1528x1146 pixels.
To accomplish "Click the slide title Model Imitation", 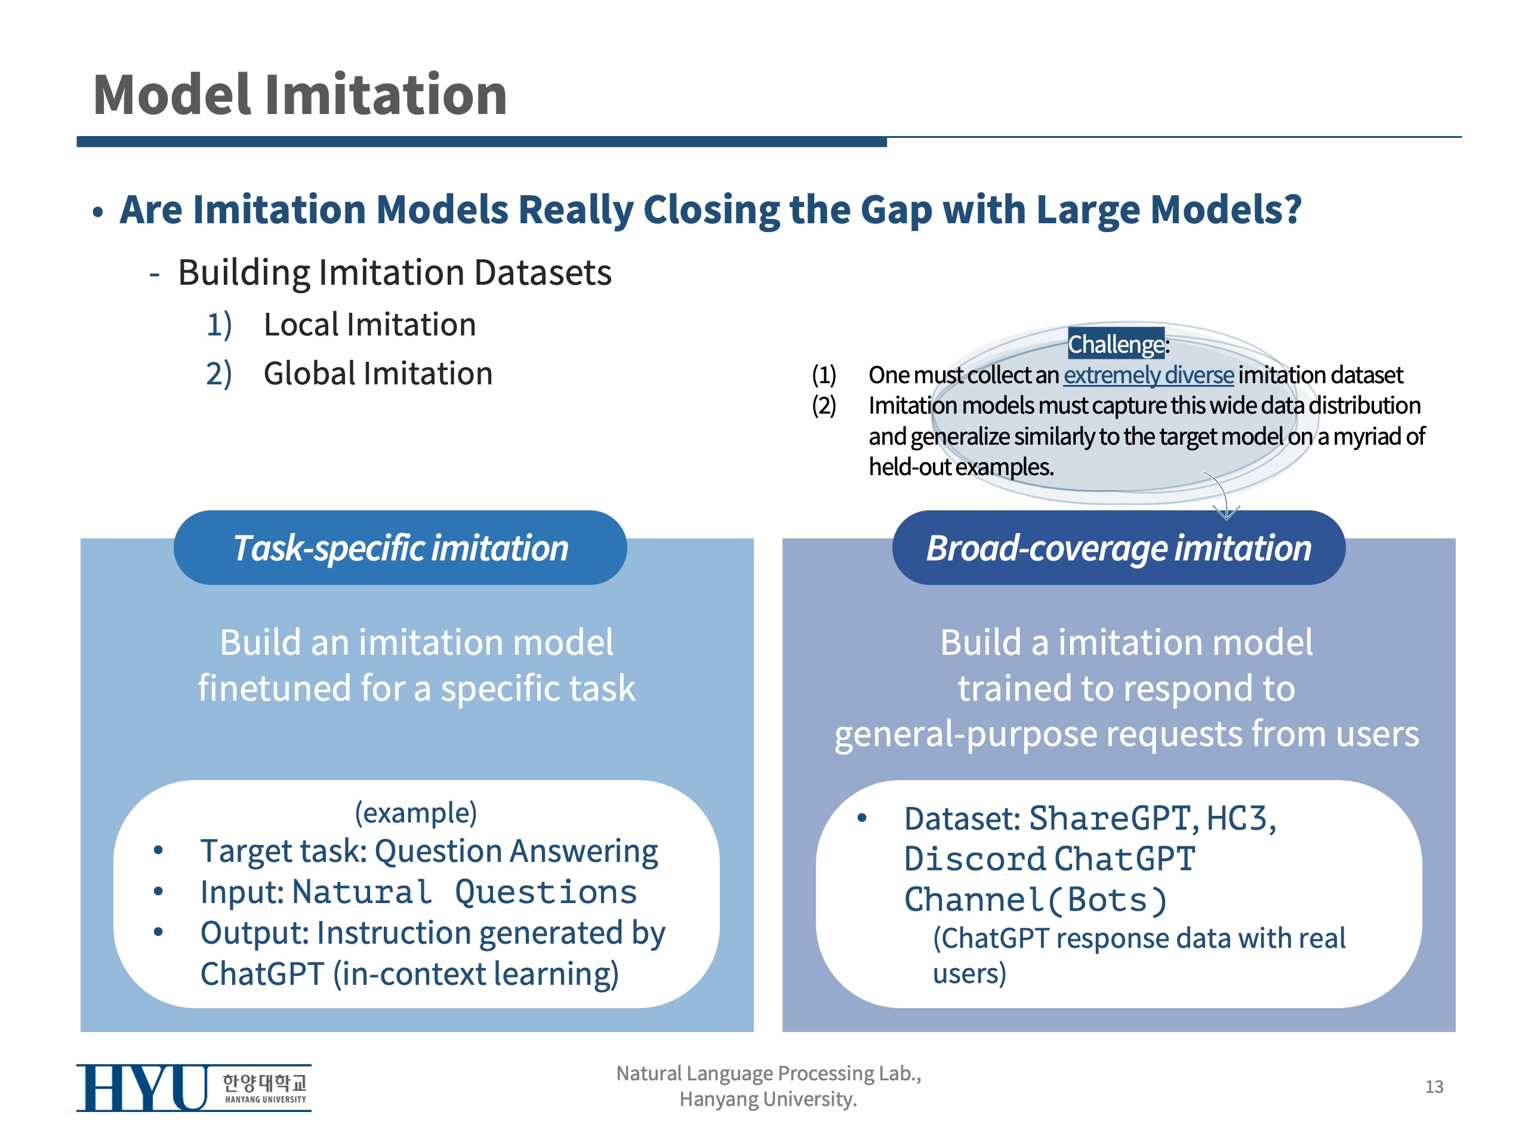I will pyautogui.click(x=300, y=95).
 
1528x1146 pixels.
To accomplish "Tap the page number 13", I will pyautogui.click(x=1434, y=1086).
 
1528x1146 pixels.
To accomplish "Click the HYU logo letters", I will pyautogui.click(x=141, y=1088).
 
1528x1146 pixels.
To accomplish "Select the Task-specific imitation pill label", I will pyautogui.click(x=400, y=548).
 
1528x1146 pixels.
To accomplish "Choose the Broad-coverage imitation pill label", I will pyautogui.click(x=1119, y=548).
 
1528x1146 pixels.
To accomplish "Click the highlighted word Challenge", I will pyautogui.click(x=1115, y=344).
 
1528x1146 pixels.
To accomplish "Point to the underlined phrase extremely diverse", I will pyautogui.click(x=1148, y=374).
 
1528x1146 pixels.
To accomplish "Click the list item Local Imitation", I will pyautogui.click(x=369, y=325).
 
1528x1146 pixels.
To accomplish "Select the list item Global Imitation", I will pyautogui.click(x=378, y=374).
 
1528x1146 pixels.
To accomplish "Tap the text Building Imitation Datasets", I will pyautogui.click(x=395, y=272).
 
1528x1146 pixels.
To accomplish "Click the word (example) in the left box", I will pyautogui.click(x=416, y=812).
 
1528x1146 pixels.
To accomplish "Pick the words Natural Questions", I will pyautogui.click(x=464, y=892).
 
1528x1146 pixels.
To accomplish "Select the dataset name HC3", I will pyautogui.click(x=1237, y=818).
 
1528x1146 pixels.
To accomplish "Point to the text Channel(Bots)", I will pyautogui.click(x=1036, y=900).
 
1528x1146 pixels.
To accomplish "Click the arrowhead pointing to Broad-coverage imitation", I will pyautogui.click(x=1226, y=513).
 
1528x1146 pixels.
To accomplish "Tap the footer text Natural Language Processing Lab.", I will pyautogui.click(x=768, y=1073).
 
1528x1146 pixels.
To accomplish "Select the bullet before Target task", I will pyautogui.click(x=158, y=851).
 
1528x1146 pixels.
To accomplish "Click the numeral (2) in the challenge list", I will pyautogui.click(x=824, y=405).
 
